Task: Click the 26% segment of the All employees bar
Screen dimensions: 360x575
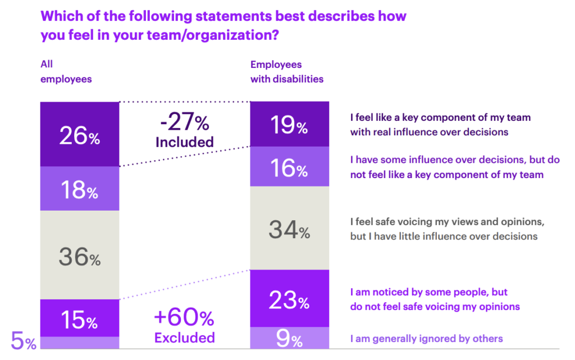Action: coord(79,134)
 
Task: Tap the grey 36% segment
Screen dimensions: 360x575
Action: coord(79,256)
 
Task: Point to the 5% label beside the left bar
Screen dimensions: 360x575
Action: coord(23,341)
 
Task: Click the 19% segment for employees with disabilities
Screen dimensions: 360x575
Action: coord(289,124)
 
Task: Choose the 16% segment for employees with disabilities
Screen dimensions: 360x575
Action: coord(289,167)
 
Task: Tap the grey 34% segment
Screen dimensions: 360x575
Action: coord(289,229)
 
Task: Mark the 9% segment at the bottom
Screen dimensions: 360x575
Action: coord(289,338)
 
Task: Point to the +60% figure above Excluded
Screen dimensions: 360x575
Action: coord(184,318)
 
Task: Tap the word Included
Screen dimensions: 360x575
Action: coord(184,142)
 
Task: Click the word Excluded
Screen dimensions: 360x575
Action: coord(184,338)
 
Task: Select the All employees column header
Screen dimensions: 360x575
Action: coord(66,72)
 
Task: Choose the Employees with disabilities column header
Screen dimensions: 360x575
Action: coord(286,72)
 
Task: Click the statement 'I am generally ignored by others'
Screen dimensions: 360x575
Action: coord(426,339)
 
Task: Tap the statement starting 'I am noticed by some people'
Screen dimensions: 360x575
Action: coord(435,299)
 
